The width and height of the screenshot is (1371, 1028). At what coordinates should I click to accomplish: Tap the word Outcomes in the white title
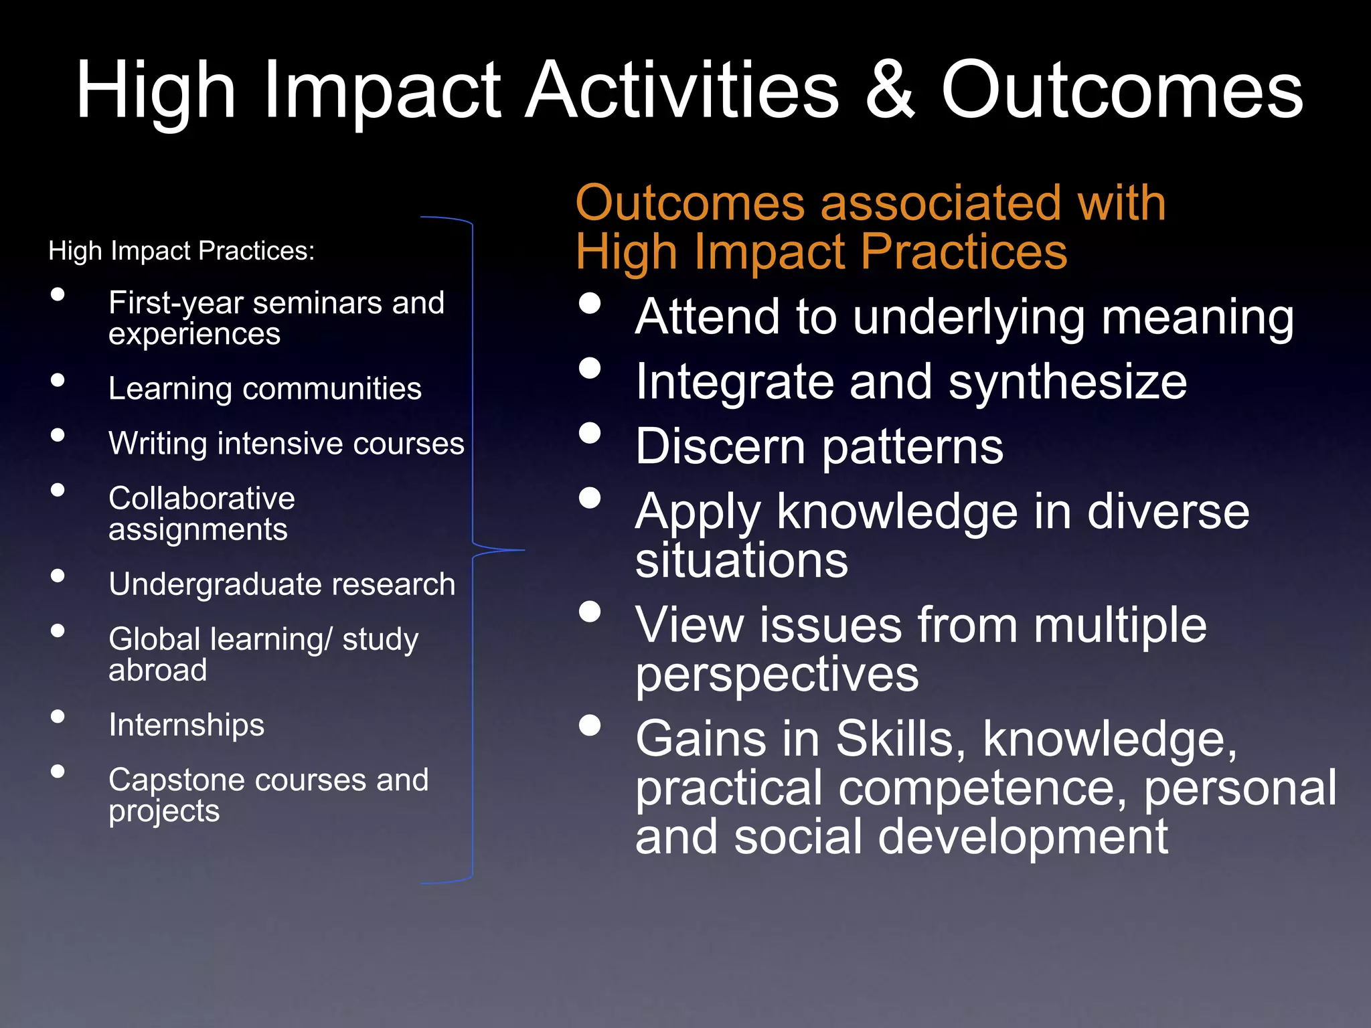click(1122, 90)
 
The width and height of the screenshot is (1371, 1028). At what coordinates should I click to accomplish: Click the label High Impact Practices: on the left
click(181, 251)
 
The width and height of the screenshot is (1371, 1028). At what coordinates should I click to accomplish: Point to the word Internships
click(187, 725)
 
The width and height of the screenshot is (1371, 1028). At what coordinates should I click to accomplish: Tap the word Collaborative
click(201, 499)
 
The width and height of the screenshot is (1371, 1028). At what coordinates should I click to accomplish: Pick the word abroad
click(158, 671)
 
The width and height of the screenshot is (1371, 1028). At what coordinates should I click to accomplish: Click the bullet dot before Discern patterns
click(590, 433)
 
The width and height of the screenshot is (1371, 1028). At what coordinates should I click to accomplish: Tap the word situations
click(742, 561)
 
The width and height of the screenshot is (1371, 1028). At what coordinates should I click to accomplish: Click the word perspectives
click(777, 675)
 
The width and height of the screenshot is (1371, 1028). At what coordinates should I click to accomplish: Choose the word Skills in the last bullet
click(900, 740)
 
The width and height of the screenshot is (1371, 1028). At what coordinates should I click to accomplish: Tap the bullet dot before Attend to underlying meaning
click(590, 303)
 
